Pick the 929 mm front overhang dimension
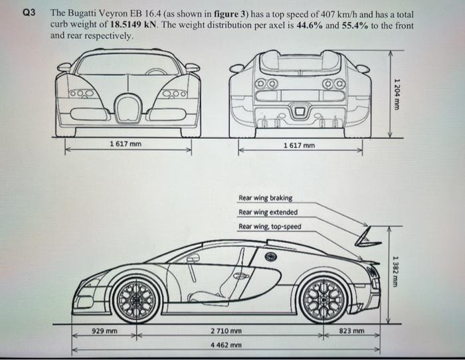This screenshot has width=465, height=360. tap(104, 330)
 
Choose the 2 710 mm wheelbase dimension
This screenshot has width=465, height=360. tap(226, 330)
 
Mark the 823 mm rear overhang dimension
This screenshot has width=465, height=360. tap(351, 330)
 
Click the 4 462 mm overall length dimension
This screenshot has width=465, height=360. tap(226, 345)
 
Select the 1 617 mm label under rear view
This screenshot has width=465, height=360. tap(299, 144)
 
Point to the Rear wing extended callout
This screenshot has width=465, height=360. tap(268, 212)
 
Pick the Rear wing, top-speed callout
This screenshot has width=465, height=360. tap(270, 226)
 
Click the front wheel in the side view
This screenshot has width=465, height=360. tap(137, 300)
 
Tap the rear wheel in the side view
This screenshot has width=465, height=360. tap(322, 300)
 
